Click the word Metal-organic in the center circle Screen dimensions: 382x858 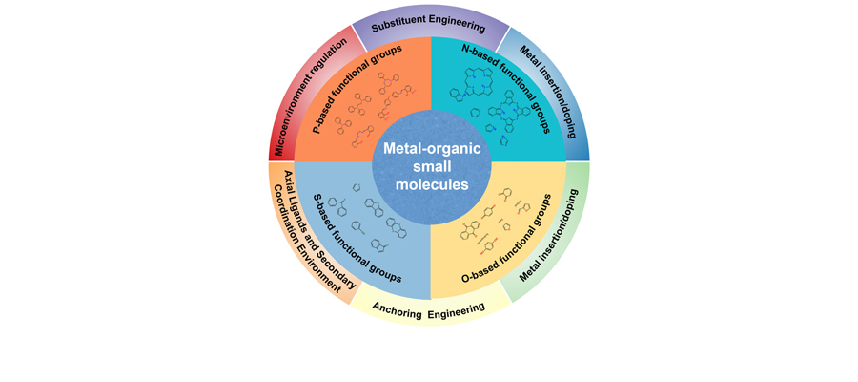(x=428, y=149)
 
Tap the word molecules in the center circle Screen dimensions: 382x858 (x=428, y=184)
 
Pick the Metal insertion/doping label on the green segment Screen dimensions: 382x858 (x=550, y=235)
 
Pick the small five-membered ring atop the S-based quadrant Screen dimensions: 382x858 (x=357, y=187)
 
